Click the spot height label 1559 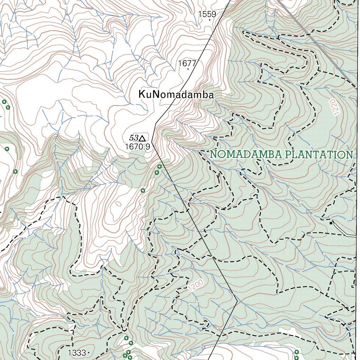[x=207, y=14]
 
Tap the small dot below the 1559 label [x=210, y=20]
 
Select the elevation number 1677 [x=187, y=63]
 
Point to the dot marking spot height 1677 [x=188, y=69]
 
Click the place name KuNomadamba [x=176, y=95]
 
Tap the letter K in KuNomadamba [x=142, y=95]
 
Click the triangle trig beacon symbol [x=142, y=138]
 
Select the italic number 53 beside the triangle [x=134, y=138]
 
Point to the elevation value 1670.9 [x=137, y=147]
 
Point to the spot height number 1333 [x=77, y=353]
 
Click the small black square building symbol [x=331, y=223]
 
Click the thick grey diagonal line [x=316, y=42]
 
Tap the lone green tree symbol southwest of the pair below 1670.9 [x=143, y=191]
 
